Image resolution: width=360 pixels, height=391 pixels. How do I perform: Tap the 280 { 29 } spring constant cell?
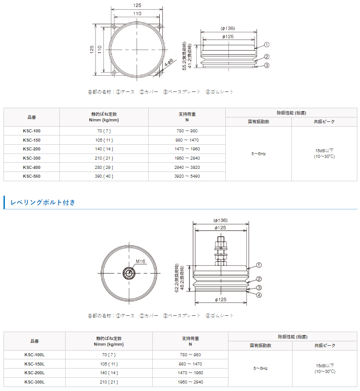[104, 167]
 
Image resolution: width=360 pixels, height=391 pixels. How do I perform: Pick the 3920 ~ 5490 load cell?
[187, 176]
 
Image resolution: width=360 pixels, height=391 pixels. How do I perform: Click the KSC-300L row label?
[34, 382]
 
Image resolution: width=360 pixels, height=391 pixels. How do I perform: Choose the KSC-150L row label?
[34, 364]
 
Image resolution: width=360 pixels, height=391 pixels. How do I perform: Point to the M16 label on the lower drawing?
[140, 261]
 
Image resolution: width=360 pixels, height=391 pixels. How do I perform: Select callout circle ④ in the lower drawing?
[259, 295]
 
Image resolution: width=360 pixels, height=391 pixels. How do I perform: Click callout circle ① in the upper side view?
[267, 44]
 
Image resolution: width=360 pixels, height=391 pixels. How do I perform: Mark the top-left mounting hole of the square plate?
[114, 28]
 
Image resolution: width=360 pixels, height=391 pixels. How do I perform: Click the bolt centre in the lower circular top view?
[129, 273]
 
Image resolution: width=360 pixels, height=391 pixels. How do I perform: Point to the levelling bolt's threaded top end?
[220, 240]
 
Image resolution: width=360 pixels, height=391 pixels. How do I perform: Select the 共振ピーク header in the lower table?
[324, 346]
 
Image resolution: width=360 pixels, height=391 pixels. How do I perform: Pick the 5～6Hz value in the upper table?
[258, 154]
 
